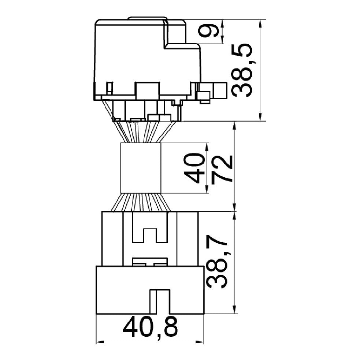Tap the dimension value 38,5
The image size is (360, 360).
click(242, 70)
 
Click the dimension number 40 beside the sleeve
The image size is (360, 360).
click(194, 168)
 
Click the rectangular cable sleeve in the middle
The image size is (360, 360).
click(141, 168)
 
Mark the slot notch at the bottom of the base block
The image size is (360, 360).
click(160, 302)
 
